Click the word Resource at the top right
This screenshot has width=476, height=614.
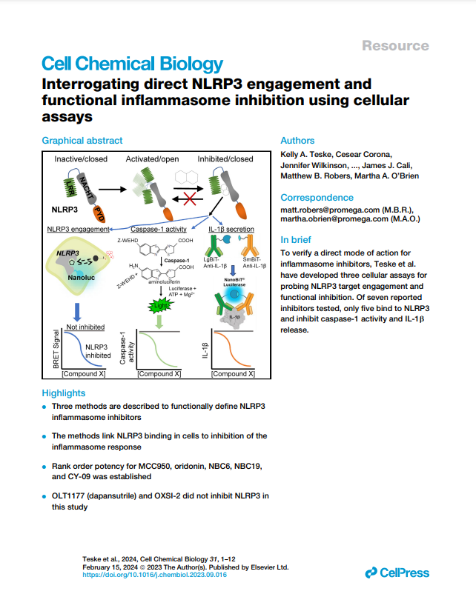[395, 46]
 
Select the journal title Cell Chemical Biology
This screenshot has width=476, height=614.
[132, 64]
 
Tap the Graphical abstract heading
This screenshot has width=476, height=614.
[82, 141]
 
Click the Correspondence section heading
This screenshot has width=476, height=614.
[317, 198]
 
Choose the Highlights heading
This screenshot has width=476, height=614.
[64, 393]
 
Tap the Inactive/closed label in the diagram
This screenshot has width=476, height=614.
[82, 159]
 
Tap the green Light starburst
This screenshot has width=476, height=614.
[157, 305]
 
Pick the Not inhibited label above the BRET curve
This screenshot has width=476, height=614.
[85, 326]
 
